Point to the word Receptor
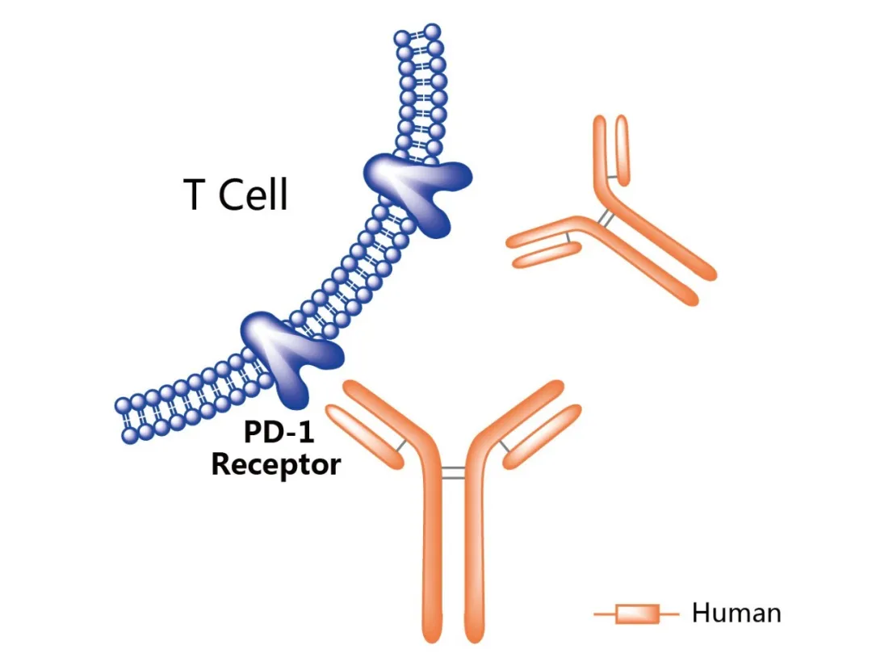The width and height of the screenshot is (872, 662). coord(275,465)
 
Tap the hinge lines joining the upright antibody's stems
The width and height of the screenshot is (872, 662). coord(455,472)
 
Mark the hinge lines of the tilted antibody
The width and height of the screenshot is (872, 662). coord(603,217)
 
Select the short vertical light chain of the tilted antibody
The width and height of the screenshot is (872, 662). coord(622,149)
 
